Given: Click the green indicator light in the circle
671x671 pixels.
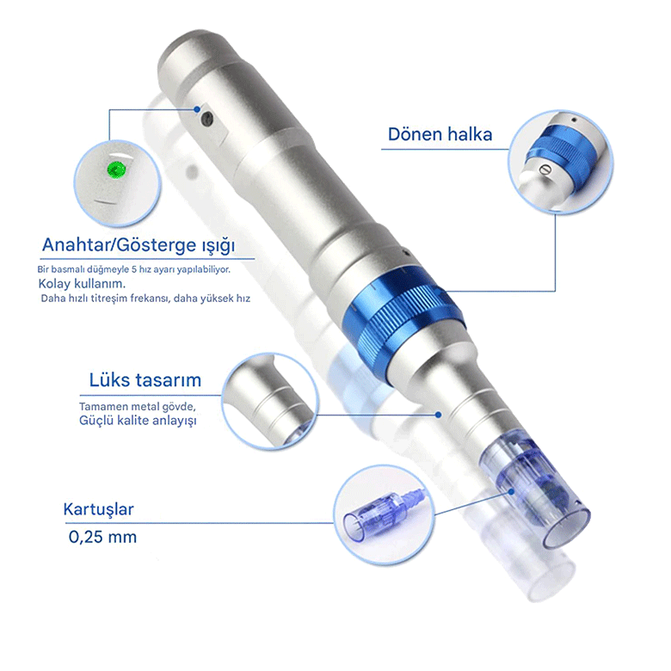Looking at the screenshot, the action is (x=116, y=169).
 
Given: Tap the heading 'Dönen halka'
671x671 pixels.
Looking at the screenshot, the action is (x=440, y=134).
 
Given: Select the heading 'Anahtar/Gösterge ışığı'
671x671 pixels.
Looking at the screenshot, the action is (x=139, y=245).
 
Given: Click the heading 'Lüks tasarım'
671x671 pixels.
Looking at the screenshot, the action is (x=145, y=380).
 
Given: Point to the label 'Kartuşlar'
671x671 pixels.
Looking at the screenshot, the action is (x=98, y=509).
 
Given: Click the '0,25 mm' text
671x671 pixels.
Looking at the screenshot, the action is (x=102, y=537).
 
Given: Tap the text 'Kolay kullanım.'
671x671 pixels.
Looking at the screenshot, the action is (x=82, y=284).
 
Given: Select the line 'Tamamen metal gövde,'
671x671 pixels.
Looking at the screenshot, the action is (x=138, y=406).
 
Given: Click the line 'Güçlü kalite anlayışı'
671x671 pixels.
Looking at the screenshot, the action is (x=138, y=420).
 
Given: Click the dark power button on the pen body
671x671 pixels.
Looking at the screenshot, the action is (x=207, y=119).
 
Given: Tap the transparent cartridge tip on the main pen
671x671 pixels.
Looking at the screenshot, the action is (x=537, y=495).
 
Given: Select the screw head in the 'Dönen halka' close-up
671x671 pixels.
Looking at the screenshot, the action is (x=545, y=169).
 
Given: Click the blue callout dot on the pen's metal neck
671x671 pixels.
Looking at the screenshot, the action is (x=438, y=415).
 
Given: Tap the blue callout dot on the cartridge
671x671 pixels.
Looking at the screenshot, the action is (x=511, y=492).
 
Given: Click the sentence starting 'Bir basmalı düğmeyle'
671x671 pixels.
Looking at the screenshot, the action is (x=134, y=269).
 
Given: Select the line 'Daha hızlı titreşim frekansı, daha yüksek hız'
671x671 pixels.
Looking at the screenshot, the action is (x=145, y=299).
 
